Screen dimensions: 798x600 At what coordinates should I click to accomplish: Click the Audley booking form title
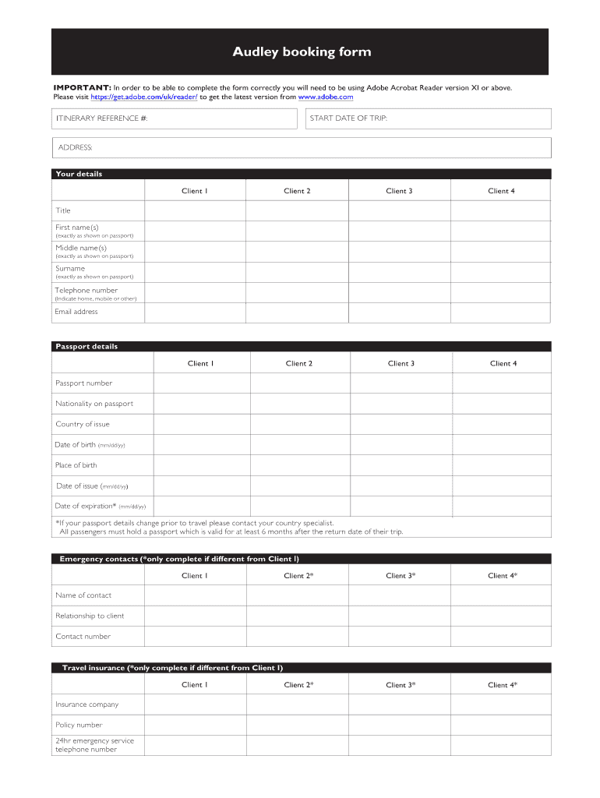click(302, 52)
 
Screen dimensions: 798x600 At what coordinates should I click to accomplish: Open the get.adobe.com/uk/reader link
click(143, 97)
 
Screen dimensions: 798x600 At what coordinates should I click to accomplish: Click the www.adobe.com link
click(326, 97)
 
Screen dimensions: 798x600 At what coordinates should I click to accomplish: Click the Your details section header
click(79, 174)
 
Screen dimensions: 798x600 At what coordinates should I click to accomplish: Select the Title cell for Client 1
click(195, 210)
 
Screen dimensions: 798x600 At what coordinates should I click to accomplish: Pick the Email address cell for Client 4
click(500, 312)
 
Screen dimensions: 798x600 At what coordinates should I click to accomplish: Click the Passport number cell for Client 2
click(298, 383)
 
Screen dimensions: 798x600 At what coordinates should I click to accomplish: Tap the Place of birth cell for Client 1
click(199, 465)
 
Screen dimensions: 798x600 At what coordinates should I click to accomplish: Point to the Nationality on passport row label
click(94, 404)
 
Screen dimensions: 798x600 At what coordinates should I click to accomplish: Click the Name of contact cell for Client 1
click(195, 595)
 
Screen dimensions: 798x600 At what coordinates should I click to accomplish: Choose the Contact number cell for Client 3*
click(399, 637)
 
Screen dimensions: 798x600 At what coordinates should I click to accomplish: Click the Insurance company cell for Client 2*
click(297, 704)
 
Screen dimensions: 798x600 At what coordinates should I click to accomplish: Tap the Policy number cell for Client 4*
click(500, 725)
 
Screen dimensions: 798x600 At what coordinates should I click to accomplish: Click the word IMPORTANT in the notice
click(82, 88)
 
